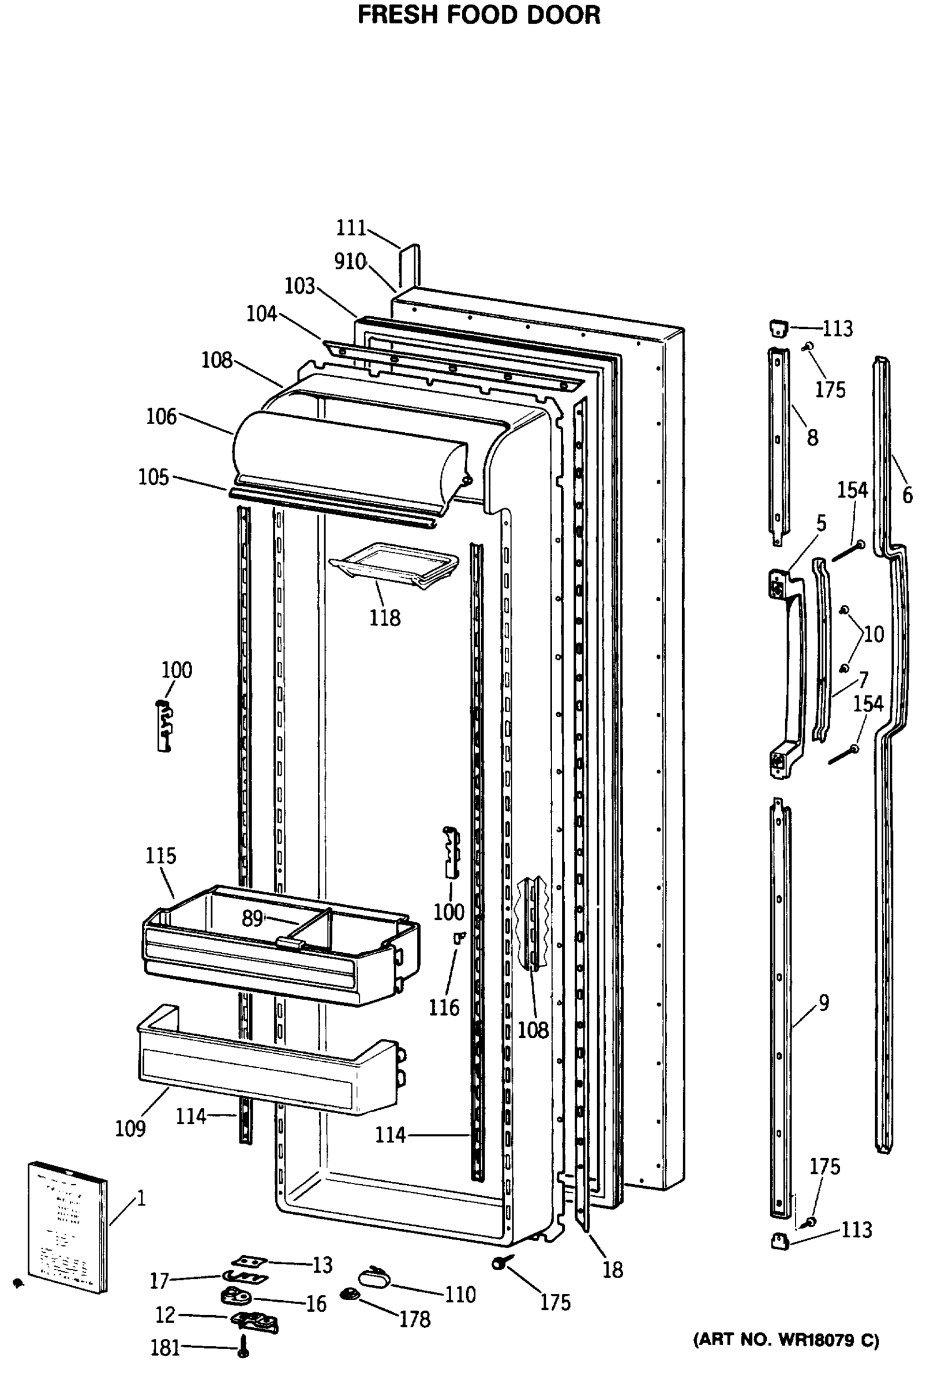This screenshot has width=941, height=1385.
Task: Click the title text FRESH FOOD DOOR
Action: [478, 15]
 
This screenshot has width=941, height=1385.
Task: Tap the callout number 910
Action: [349, 261]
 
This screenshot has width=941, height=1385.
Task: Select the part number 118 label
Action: [384, 618]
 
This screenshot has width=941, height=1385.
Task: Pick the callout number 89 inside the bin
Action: [252, 918]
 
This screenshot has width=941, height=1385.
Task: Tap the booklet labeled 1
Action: [67, 1226]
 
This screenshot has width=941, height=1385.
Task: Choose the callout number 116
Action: [444, 1008]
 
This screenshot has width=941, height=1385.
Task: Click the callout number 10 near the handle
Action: [873, 634]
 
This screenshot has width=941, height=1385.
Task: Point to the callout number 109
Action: [130, 1128]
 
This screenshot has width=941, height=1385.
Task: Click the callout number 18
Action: [613, 1270]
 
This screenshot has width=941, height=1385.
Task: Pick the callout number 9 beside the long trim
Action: [824, 1003]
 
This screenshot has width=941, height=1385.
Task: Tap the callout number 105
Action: [153, 477]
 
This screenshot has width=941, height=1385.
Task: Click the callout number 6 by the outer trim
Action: [907, 495]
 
